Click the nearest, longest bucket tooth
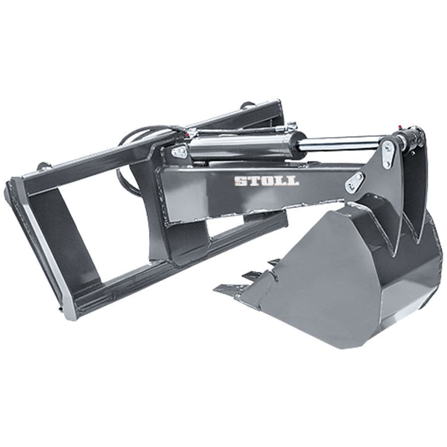click(231, 289)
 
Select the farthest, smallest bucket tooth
click(272, 262)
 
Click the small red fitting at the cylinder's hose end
click(188, 134)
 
